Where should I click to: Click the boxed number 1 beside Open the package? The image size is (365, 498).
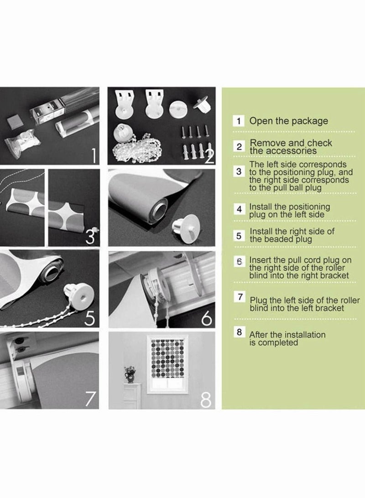(239, 121)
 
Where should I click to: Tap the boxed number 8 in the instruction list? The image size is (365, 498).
(239, 332)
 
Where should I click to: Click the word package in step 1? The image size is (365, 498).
(309, 121)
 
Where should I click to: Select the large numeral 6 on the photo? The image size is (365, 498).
(207, 318)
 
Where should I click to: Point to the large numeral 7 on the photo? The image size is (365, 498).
(91, 398)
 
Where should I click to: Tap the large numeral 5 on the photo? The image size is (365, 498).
(90, 318)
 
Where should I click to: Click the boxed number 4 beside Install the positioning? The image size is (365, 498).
(239, 209)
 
